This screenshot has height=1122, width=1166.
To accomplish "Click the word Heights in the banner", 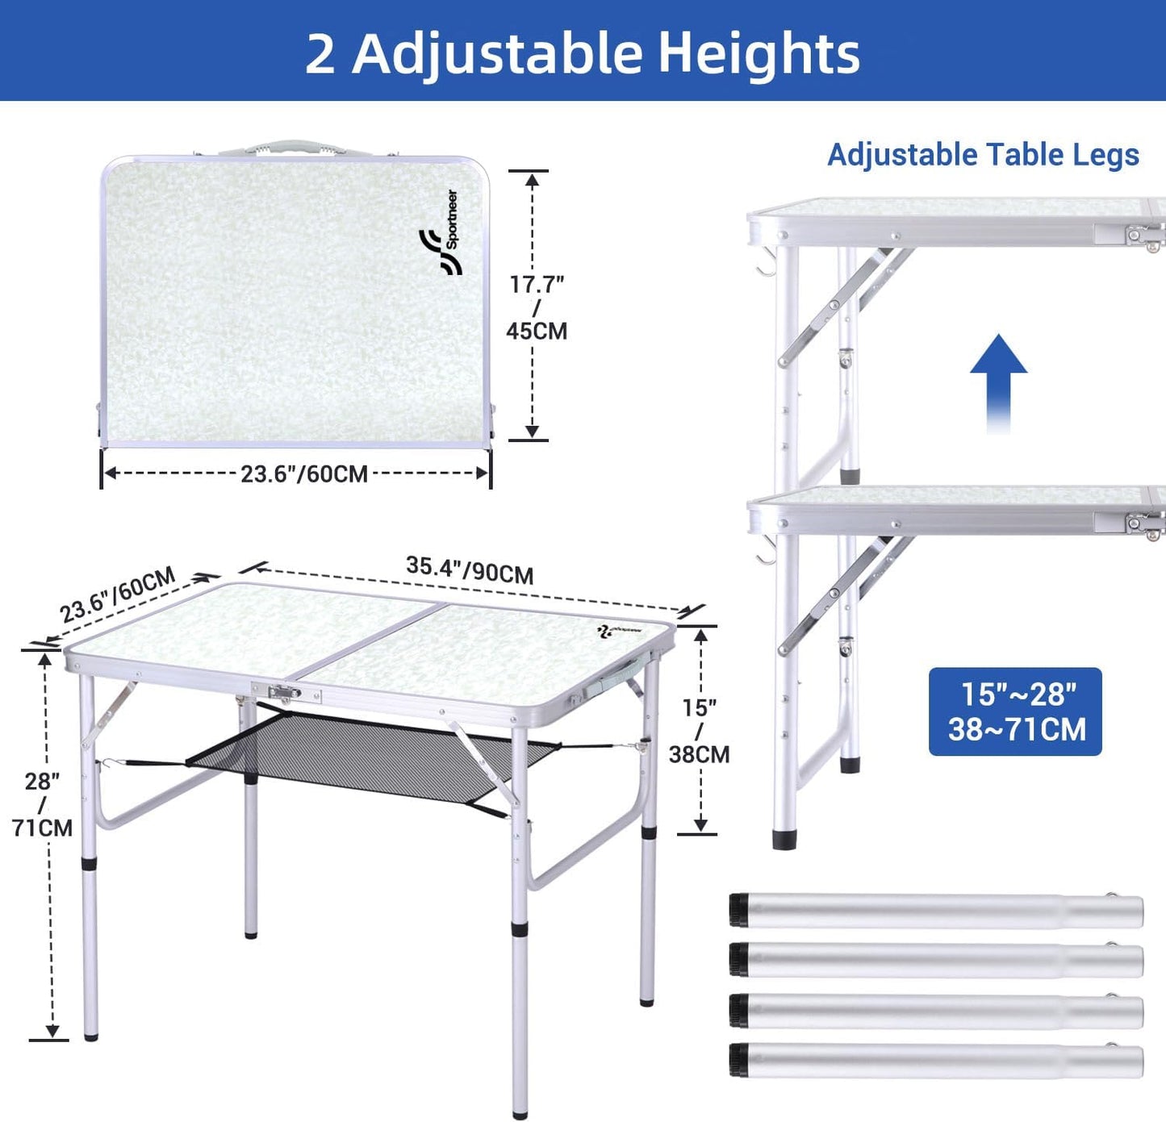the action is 759,53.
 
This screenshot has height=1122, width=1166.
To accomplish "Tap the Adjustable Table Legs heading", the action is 984,155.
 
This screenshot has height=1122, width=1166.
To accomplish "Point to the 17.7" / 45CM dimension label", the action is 537,307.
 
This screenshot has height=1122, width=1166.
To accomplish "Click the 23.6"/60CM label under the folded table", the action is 303,473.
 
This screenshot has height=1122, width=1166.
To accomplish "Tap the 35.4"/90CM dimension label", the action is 470,569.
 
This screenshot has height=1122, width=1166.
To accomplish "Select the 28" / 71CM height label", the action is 42,804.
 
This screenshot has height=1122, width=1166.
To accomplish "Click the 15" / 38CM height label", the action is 700,731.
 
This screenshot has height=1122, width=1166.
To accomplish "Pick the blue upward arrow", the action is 998,383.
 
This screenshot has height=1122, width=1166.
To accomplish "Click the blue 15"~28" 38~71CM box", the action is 1015,711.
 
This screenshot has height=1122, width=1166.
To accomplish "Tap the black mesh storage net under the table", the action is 371,749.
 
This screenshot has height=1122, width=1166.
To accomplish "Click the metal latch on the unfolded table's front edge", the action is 285,692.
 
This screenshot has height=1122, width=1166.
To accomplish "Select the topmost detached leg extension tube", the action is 936,911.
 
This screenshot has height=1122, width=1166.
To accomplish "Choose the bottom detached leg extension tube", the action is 936,1061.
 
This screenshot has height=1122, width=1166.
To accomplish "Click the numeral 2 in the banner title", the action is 320,54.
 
